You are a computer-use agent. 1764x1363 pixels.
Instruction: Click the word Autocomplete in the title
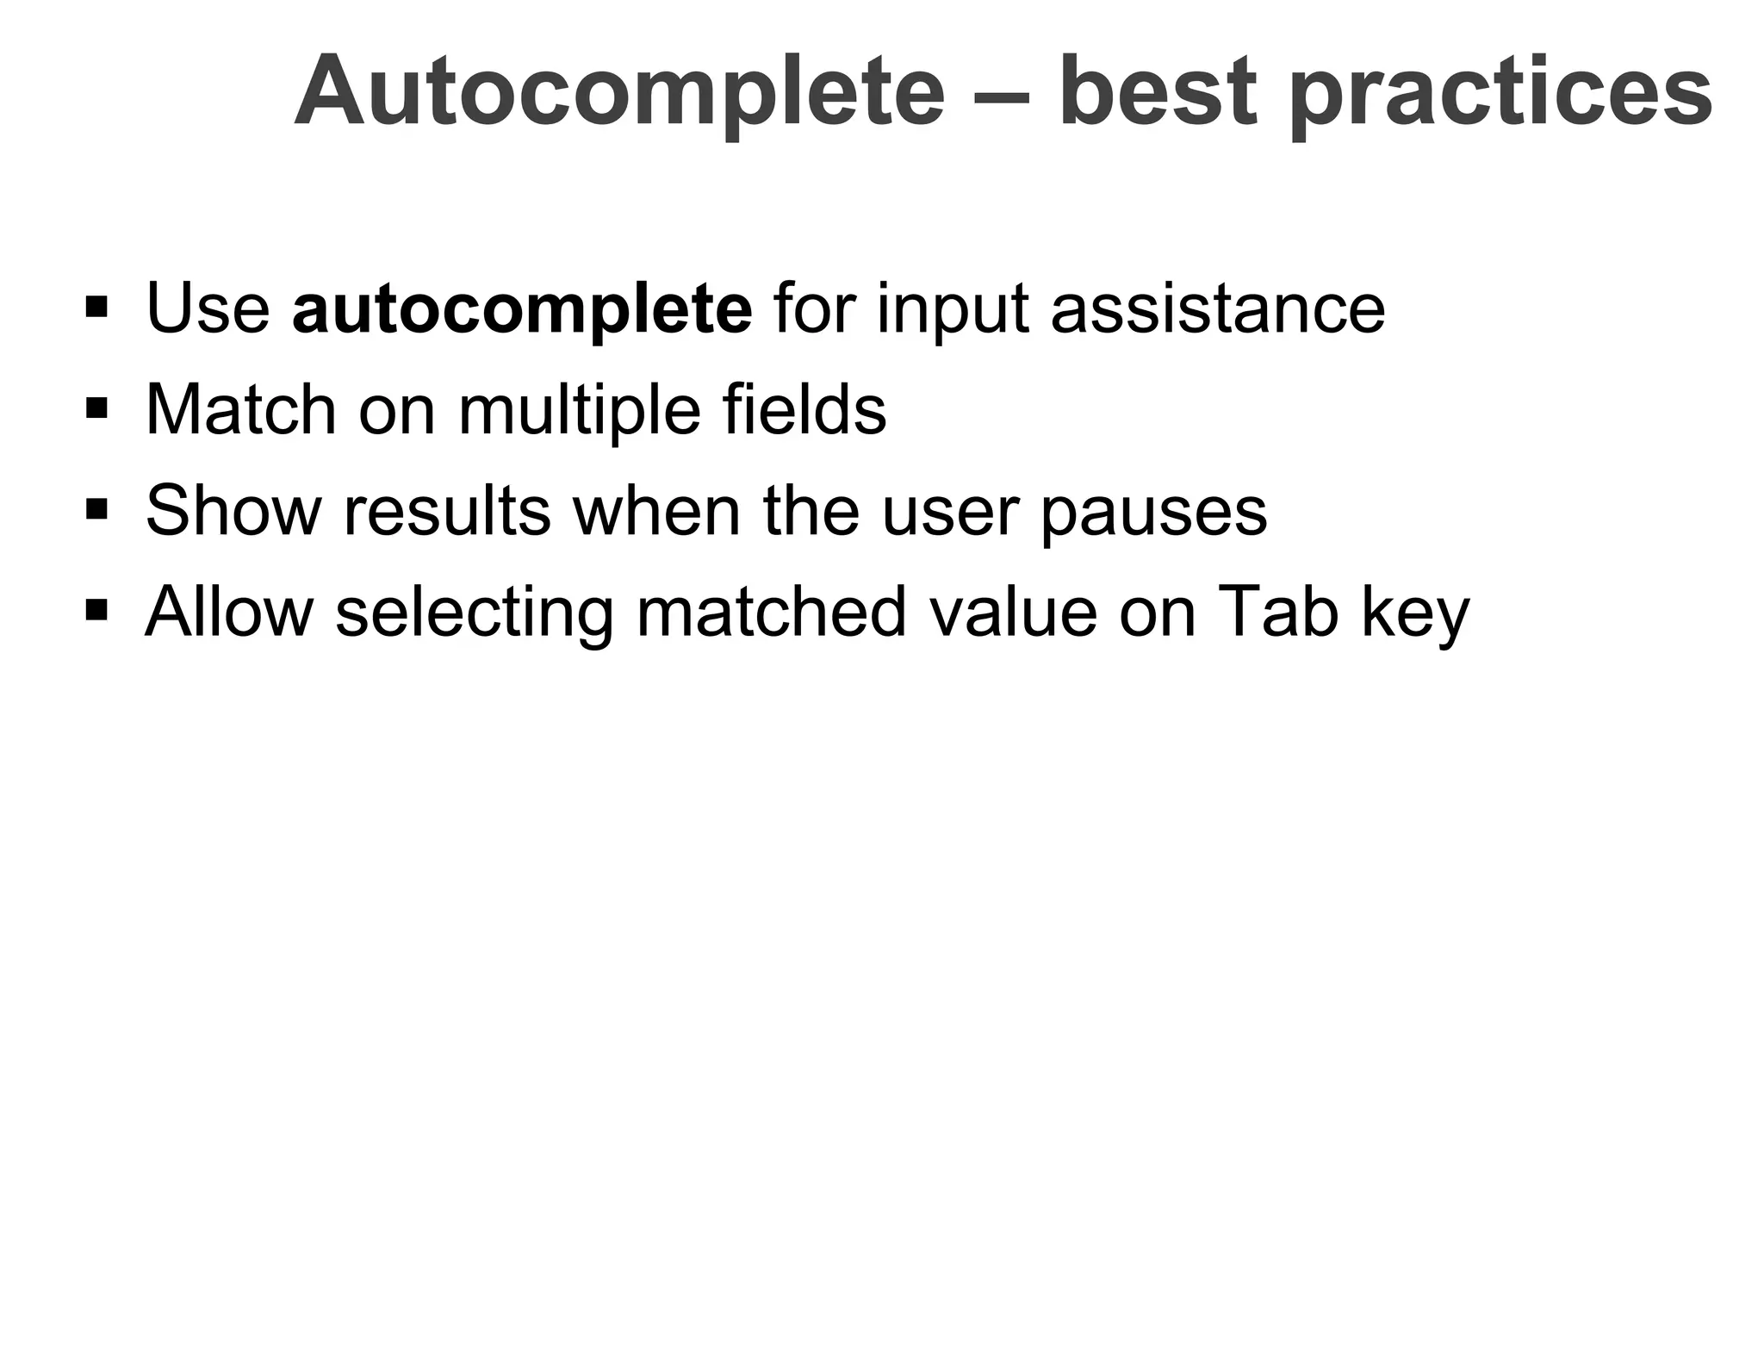point(619,93)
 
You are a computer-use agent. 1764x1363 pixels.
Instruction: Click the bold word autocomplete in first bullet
point(522,309)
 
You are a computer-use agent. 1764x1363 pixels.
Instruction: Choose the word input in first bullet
point(953,310)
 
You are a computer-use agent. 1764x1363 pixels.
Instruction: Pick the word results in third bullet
point(447,511)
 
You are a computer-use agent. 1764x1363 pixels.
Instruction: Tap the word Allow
point(229,613)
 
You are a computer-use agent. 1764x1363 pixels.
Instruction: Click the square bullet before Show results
point(96,508)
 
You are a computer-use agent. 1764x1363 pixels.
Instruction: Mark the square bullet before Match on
point(96,407)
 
